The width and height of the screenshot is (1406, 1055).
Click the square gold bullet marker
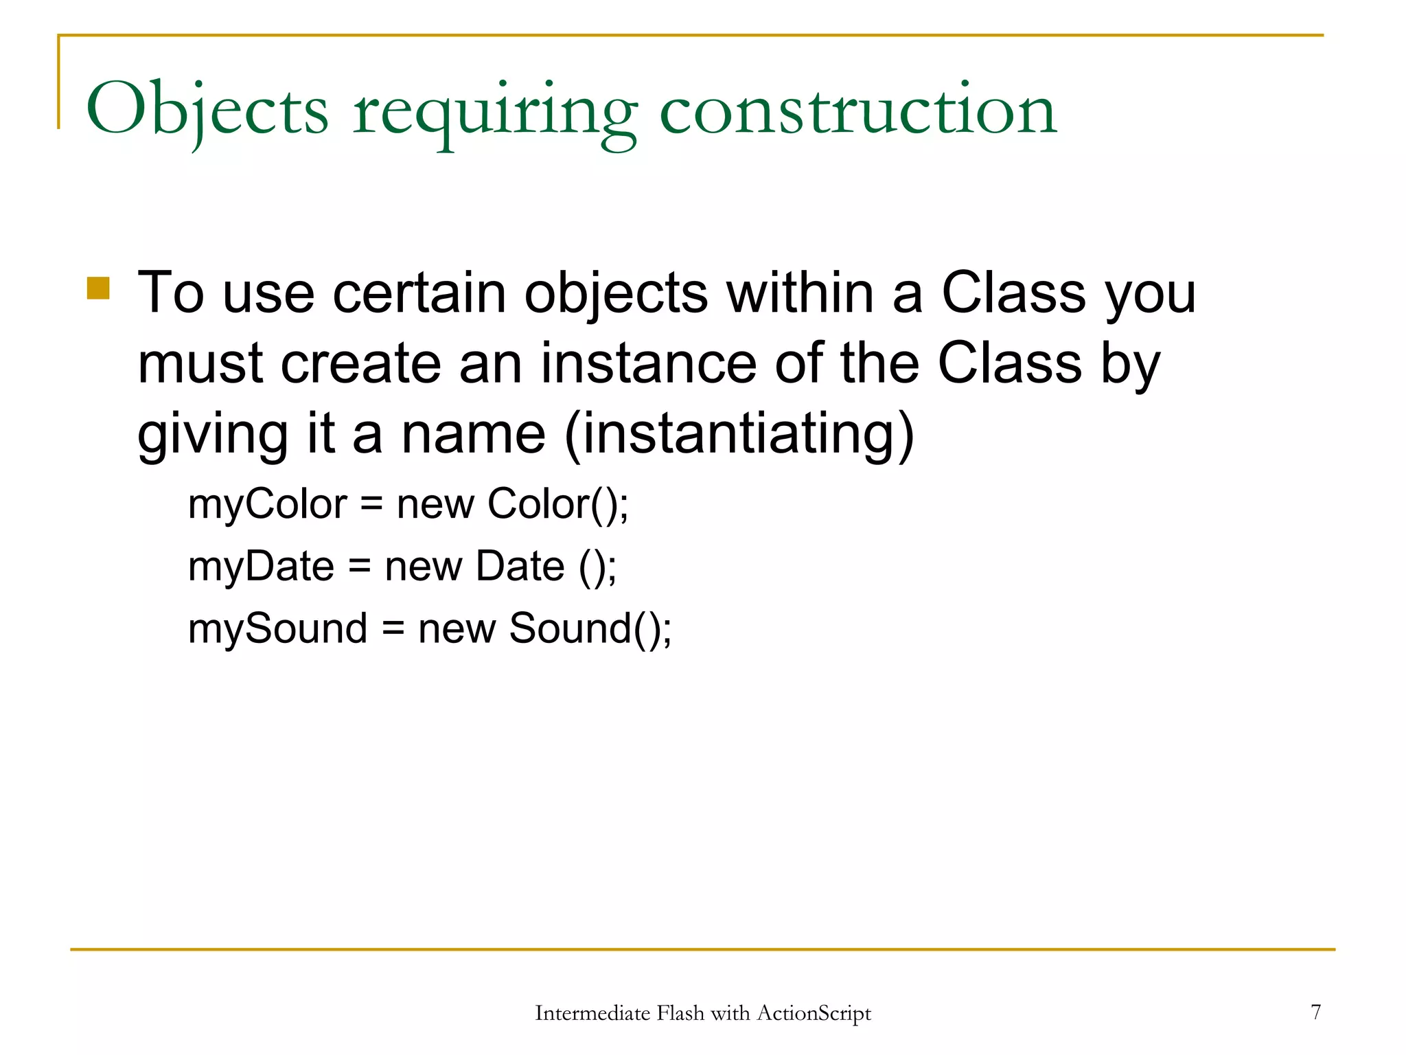tap(98, 288)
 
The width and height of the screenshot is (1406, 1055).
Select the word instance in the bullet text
tap(648, 363)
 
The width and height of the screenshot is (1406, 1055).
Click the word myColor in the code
tap(268, 505)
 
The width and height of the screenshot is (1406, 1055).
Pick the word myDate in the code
tap(261, 567)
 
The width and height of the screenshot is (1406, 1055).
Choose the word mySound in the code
tap(277, 629)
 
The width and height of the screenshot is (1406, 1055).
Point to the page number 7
tap(1315, 1012)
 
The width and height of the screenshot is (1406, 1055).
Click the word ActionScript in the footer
tap(814, 1014)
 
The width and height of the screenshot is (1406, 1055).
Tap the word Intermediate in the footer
tap(592, 1014)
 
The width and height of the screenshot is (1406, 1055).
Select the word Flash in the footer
tap(680, 1014)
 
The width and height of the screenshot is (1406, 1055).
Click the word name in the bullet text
tap(474, 434)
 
